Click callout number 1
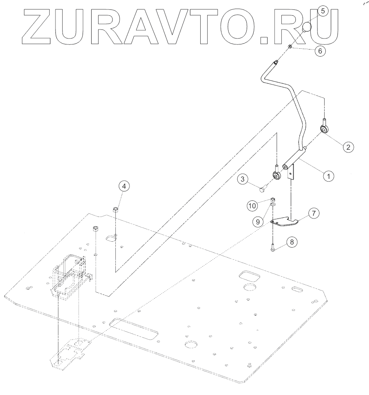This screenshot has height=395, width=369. [328, 175]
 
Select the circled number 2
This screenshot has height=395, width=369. [347, 147]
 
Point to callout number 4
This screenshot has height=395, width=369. [124, 186]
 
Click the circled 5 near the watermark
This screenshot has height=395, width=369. [323, 11]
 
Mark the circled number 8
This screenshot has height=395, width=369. [292, 242]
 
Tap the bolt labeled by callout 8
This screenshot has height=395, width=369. [272, 248]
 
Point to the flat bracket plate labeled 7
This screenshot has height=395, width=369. [285, 222]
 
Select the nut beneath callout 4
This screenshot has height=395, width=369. [116, 209]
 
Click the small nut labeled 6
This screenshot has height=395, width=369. [290, 47]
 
